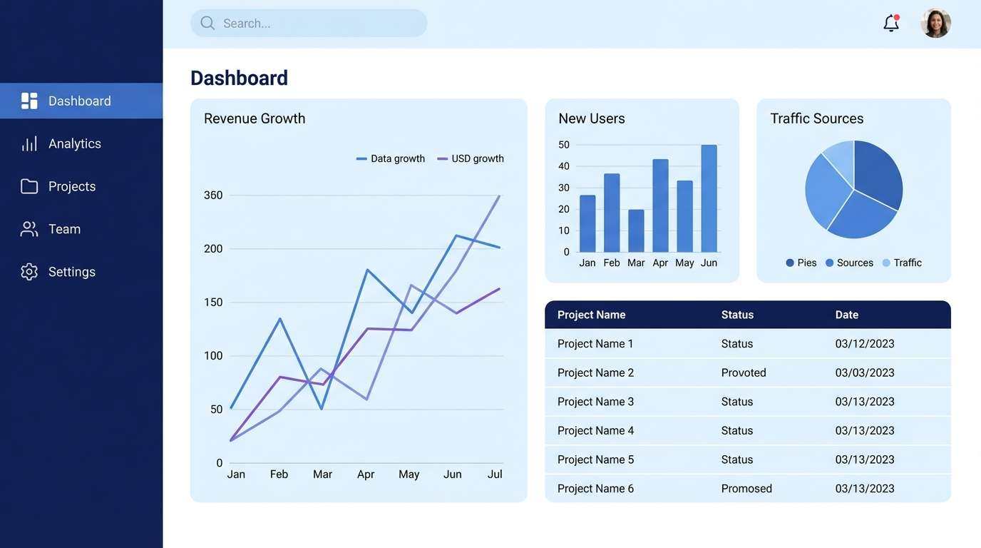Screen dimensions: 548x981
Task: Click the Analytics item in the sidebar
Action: [x=74, y=144]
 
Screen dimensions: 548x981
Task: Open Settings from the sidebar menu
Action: [x=71, y=272]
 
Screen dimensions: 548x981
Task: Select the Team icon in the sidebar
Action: [x=29, y=229]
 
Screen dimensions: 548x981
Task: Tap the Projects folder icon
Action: [x=29, y=186]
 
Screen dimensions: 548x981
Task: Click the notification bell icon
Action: [x=890, y=24]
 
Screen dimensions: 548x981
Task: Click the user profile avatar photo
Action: [x=935, y=24]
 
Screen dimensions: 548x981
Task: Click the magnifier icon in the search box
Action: [x=207, y=24]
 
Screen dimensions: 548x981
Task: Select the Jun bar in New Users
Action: [x=709, y=198]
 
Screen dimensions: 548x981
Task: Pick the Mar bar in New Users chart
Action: [x=636, y=230]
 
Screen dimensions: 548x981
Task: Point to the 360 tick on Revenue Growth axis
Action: [x=213, y=196]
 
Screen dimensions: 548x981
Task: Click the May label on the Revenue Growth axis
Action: [x=409, y=475]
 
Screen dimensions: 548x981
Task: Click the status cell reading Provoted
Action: [x=744, y=372]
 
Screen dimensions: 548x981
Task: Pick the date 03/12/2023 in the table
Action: [x=865, y=344]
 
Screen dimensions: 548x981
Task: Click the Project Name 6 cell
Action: [x=595, y=489]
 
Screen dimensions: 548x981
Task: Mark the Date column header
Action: [x=847, y=315]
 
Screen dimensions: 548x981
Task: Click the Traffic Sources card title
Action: [x=816, y=118]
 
